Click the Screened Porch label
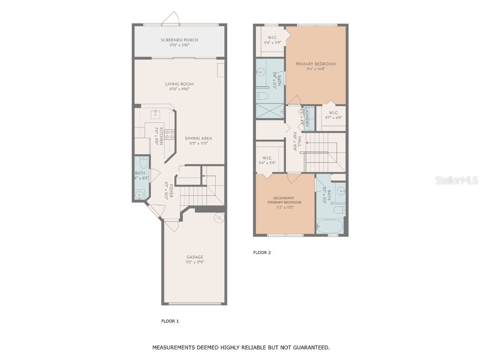179,40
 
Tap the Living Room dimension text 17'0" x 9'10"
179,89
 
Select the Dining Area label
198,138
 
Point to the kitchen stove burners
169,135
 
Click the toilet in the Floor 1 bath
143,165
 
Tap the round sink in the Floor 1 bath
140,195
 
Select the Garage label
195,257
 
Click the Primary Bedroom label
315,64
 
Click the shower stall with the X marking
270,112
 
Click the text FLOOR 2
262,253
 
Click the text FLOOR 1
170,321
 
